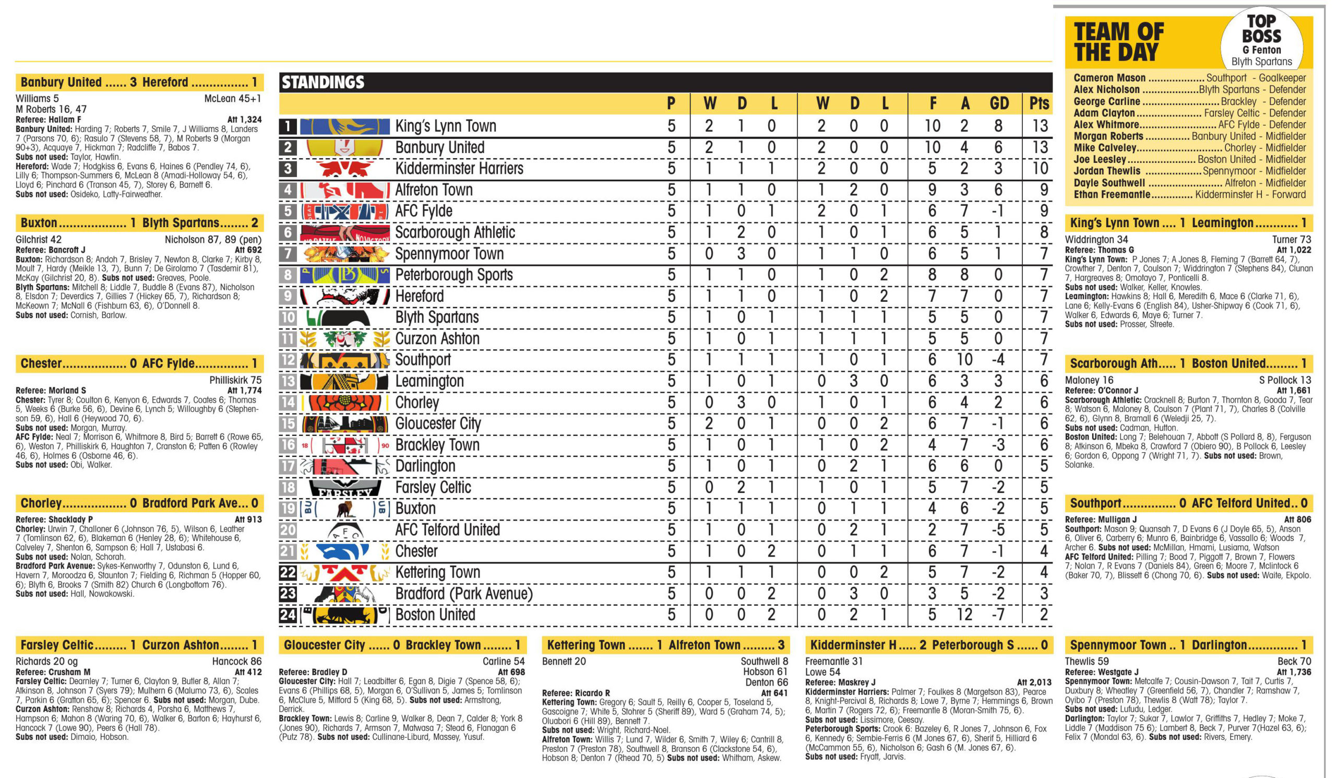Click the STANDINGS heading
point(323,82)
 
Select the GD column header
point(999,103)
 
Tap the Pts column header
point(1039,103)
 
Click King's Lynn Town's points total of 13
point(1040,126)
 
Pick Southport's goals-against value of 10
point(964,360)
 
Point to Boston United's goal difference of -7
point(998,615)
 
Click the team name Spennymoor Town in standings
point(449,253)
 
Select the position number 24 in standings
point(288,615)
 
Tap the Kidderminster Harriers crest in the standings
point(344,169)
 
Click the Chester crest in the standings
point(344,551)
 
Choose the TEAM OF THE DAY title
point(1118,42)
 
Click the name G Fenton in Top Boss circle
point(1261,50)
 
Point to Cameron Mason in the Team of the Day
point(1109,78)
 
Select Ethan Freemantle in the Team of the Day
point(1112,195)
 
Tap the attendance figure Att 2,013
point(1034,682)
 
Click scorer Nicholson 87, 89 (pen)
point(213,240)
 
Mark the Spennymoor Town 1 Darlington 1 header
point(1188,645)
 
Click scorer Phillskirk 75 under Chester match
point(235,380)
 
